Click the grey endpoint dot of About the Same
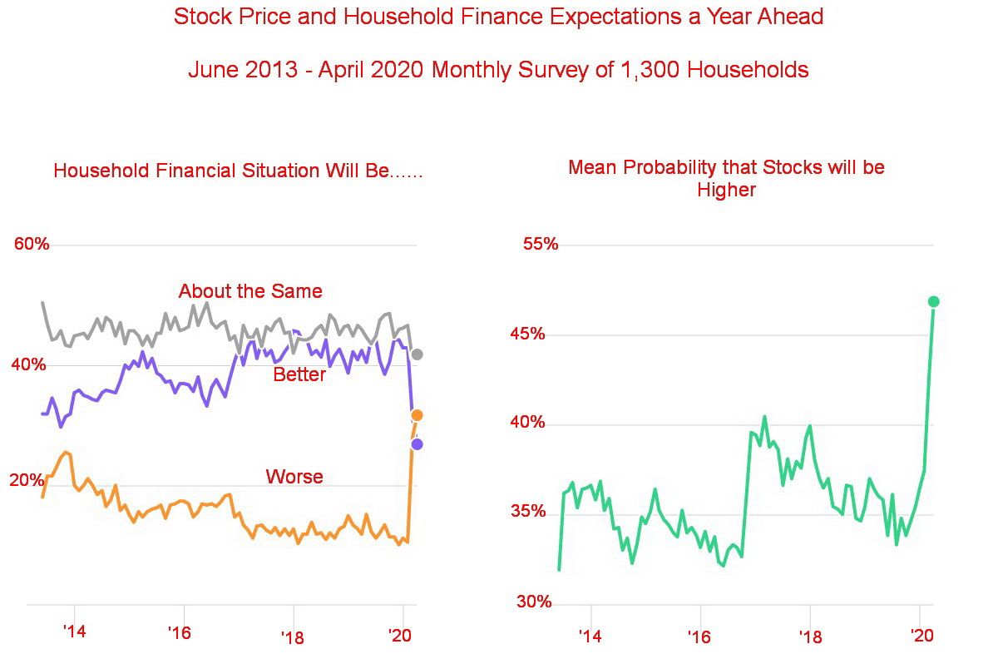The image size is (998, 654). tap(417, 354)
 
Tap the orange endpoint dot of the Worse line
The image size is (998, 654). tap(417, 415)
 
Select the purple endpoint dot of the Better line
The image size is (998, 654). tap(417, 444)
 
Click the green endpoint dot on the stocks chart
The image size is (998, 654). tap(934, 301)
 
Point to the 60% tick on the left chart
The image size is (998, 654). tap(32, 244)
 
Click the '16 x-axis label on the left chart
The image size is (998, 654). tap(180, 633)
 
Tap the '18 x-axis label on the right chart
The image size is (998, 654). tap(811, 637)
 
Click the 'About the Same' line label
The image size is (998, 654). tap(250, 291)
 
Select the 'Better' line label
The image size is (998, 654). tap(299, 375)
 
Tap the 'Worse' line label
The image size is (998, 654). tap(294, 477)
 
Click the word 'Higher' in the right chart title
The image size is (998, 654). tap(726, 191)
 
